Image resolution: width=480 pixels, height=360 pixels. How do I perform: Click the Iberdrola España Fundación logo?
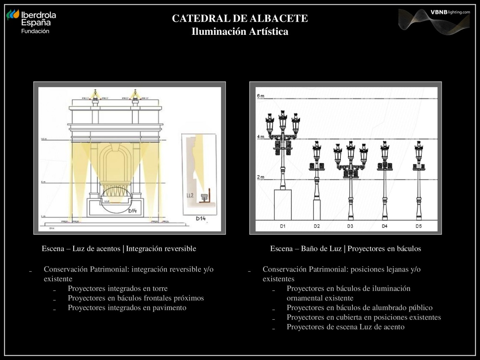(x=31, y=21)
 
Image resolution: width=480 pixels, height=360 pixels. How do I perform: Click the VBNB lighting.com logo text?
(x=450, y=12)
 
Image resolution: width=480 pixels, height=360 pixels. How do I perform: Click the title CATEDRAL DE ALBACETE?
(x=240, y=18)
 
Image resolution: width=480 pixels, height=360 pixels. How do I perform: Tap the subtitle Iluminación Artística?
(x=240, y=32)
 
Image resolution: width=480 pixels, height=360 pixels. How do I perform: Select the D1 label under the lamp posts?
(x=282, y=226)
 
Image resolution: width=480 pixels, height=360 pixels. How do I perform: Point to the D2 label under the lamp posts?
(x=317, y=226)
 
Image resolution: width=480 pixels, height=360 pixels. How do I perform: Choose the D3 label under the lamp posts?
(x=350, y=226)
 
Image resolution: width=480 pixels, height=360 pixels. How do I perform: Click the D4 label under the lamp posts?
(x=384, y=226)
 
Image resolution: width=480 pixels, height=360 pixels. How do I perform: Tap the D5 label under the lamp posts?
(x=418, y=226)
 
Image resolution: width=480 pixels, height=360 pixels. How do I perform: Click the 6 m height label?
(x=260, y=96)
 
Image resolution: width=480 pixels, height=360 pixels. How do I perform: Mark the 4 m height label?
(x=260, y=137)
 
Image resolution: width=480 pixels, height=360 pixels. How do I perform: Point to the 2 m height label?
(x=260, y=177)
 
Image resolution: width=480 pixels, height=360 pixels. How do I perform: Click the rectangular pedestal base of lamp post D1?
(x=282, y=204)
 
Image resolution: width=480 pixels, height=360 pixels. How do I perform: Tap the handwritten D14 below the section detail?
(x=201, y=218)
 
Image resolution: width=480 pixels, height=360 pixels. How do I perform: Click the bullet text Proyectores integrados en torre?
(x=118, y=288)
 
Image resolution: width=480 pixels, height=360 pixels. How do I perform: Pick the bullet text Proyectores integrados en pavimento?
(x=127, y=308)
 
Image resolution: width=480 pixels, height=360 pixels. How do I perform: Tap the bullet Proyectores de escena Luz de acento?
(x=346, y=327)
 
